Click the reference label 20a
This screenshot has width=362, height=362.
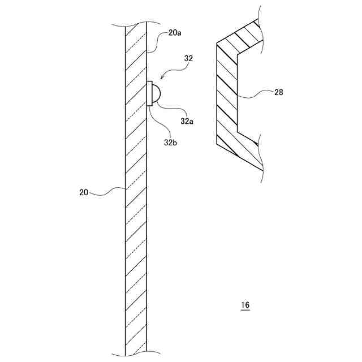pos(175,33)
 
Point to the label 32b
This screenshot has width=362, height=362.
pos(171,143)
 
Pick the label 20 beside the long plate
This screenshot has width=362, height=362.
pos(84,192)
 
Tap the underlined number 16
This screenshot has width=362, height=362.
pos(244,305)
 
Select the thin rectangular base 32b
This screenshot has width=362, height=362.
pos(150,94)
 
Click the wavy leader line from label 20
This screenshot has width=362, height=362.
pos(107,191)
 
